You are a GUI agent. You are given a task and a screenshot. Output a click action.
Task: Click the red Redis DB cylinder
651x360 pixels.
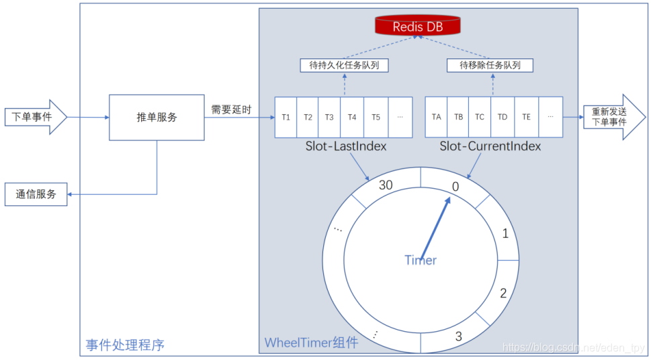pos(418,26)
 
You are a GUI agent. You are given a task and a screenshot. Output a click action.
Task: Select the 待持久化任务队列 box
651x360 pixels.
pos(344,65)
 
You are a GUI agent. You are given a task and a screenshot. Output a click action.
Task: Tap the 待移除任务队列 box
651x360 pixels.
pos(490,65)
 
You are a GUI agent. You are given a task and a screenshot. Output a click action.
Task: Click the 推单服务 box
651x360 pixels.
pos(157,117)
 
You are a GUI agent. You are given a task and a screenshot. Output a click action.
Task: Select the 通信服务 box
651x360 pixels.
pos(36,195)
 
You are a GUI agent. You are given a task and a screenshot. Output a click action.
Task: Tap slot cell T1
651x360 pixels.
pos(286,117)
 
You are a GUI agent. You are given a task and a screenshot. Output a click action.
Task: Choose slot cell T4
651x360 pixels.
pos(352,117)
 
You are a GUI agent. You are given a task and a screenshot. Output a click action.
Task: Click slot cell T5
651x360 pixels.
pos(376,117)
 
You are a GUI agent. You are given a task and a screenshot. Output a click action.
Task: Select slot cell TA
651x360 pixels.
pos(436,117)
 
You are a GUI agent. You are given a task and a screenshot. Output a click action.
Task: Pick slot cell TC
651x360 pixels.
pos(480,117)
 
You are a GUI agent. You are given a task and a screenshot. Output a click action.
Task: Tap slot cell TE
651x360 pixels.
pos(526,117)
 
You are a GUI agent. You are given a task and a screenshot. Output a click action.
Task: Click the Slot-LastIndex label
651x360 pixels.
pos(345,146)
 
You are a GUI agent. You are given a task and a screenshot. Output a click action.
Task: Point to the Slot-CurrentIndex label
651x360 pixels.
pos(490,146)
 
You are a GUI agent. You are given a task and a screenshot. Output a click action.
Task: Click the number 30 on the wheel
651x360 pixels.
pos(386,185)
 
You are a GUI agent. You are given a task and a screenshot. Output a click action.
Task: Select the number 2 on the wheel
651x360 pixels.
pos(503,293)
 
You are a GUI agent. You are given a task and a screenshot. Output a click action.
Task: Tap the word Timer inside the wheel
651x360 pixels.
pos(421,260)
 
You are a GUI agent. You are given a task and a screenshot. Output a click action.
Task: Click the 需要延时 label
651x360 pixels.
pos(231,109)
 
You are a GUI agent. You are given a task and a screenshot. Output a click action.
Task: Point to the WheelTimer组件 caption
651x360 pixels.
pos(311,343)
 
